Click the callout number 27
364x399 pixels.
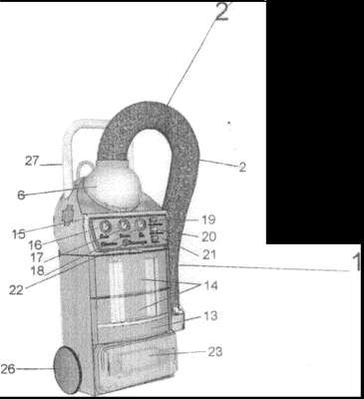point(32,161)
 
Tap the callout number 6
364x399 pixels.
point(21,196)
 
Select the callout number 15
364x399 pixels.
point(19,233)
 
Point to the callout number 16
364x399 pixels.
point(35,245)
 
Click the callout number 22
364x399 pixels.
point(16,290)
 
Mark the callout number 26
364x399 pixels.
point(8,369)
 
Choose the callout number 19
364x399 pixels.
point(208,219)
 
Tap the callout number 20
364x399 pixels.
point(209,236)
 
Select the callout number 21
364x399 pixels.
point(209,254)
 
